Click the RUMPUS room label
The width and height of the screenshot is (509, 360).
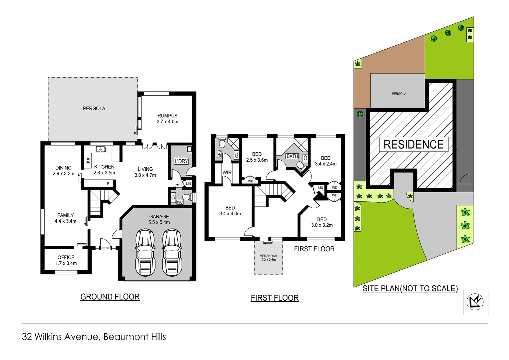pyautogui.click(x=168, y=119)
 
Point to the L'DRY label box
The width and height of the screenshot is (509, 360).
pyautogui.click(x=181, y=161)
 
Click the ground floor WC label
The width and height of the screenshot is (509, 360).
pyautogui.click(x=180, y=202)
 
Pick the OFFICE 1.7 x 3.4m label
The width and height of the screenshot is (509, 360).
pyautogui.click(x=66, y=260)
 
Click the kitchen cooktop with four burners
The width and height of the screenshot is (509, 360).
pyautogui.click(x=88, y=161)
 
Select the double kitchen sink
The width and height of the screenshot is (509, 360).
pyautogui.click(x=101, y=149)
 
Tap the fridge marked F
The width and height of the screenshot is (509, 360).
pyautogui.click(x=108, y=184)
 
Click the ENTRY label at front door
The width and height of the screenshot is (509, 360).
pyautogui.click(x=106, y=248)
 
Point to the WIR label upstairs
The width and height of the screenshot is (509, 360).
pyautogui.click(x=227, y=173)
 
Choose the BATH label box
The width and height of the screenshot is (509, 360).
pyautogui.click(x=292, y=156)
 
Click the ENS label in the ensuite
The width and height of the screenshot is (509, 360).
pyautogui.click(x=219, y=154)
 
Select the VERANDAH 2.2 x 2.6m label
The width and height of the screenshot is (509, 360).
pyautogui.click(x=268, y=258)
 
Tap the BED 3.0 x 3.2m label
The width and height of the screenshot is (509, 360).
pyautogui.click(x=322, y=222)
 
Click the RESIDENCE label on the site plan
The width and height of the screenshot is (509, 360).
pyautogui.click(x=413, y=144)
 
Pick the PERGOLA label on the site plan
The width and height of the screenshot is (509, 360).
pyautogui.click(x=399, y=94)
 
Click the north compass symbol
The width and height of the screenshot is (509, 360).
pyautogui.click(x=475, y=302)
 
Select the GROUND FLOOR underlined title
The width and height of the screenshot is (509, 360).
pyautogui.click(x=110, y=297)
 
